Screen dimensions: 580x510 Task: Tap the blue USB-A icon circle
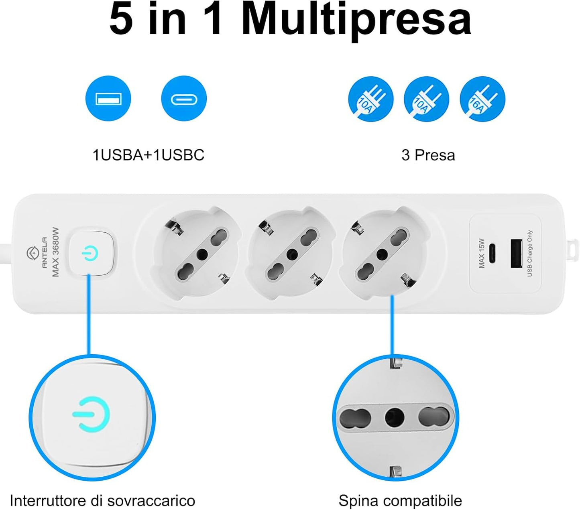(108, 98)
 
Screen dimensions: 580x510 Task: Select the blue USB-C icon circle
(184, 98)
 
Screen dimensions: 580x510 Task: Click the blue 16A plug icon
(482, 99)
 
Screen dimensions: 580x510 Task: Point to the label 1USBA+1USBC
(148, 155)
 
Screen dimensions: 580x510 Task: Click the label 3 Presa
(428, 155)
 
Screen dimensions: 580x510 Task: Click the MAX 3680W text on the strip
(55, 252)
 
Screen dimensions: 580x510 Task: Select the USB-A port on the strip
(516, 254)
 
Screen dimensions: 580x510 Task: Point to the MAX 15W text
(482, 253)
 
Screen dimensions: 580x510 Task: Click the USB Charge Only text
(529, 253)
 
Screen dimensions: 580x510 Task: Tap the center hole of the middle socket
(292, 254)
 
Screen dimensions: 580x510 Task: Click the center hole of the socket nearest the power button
(202, 254)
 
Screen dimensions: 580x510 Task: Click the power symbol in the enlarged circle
(91, 414)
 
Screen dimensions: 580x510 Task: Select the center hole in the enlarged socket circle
(395, 417)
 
